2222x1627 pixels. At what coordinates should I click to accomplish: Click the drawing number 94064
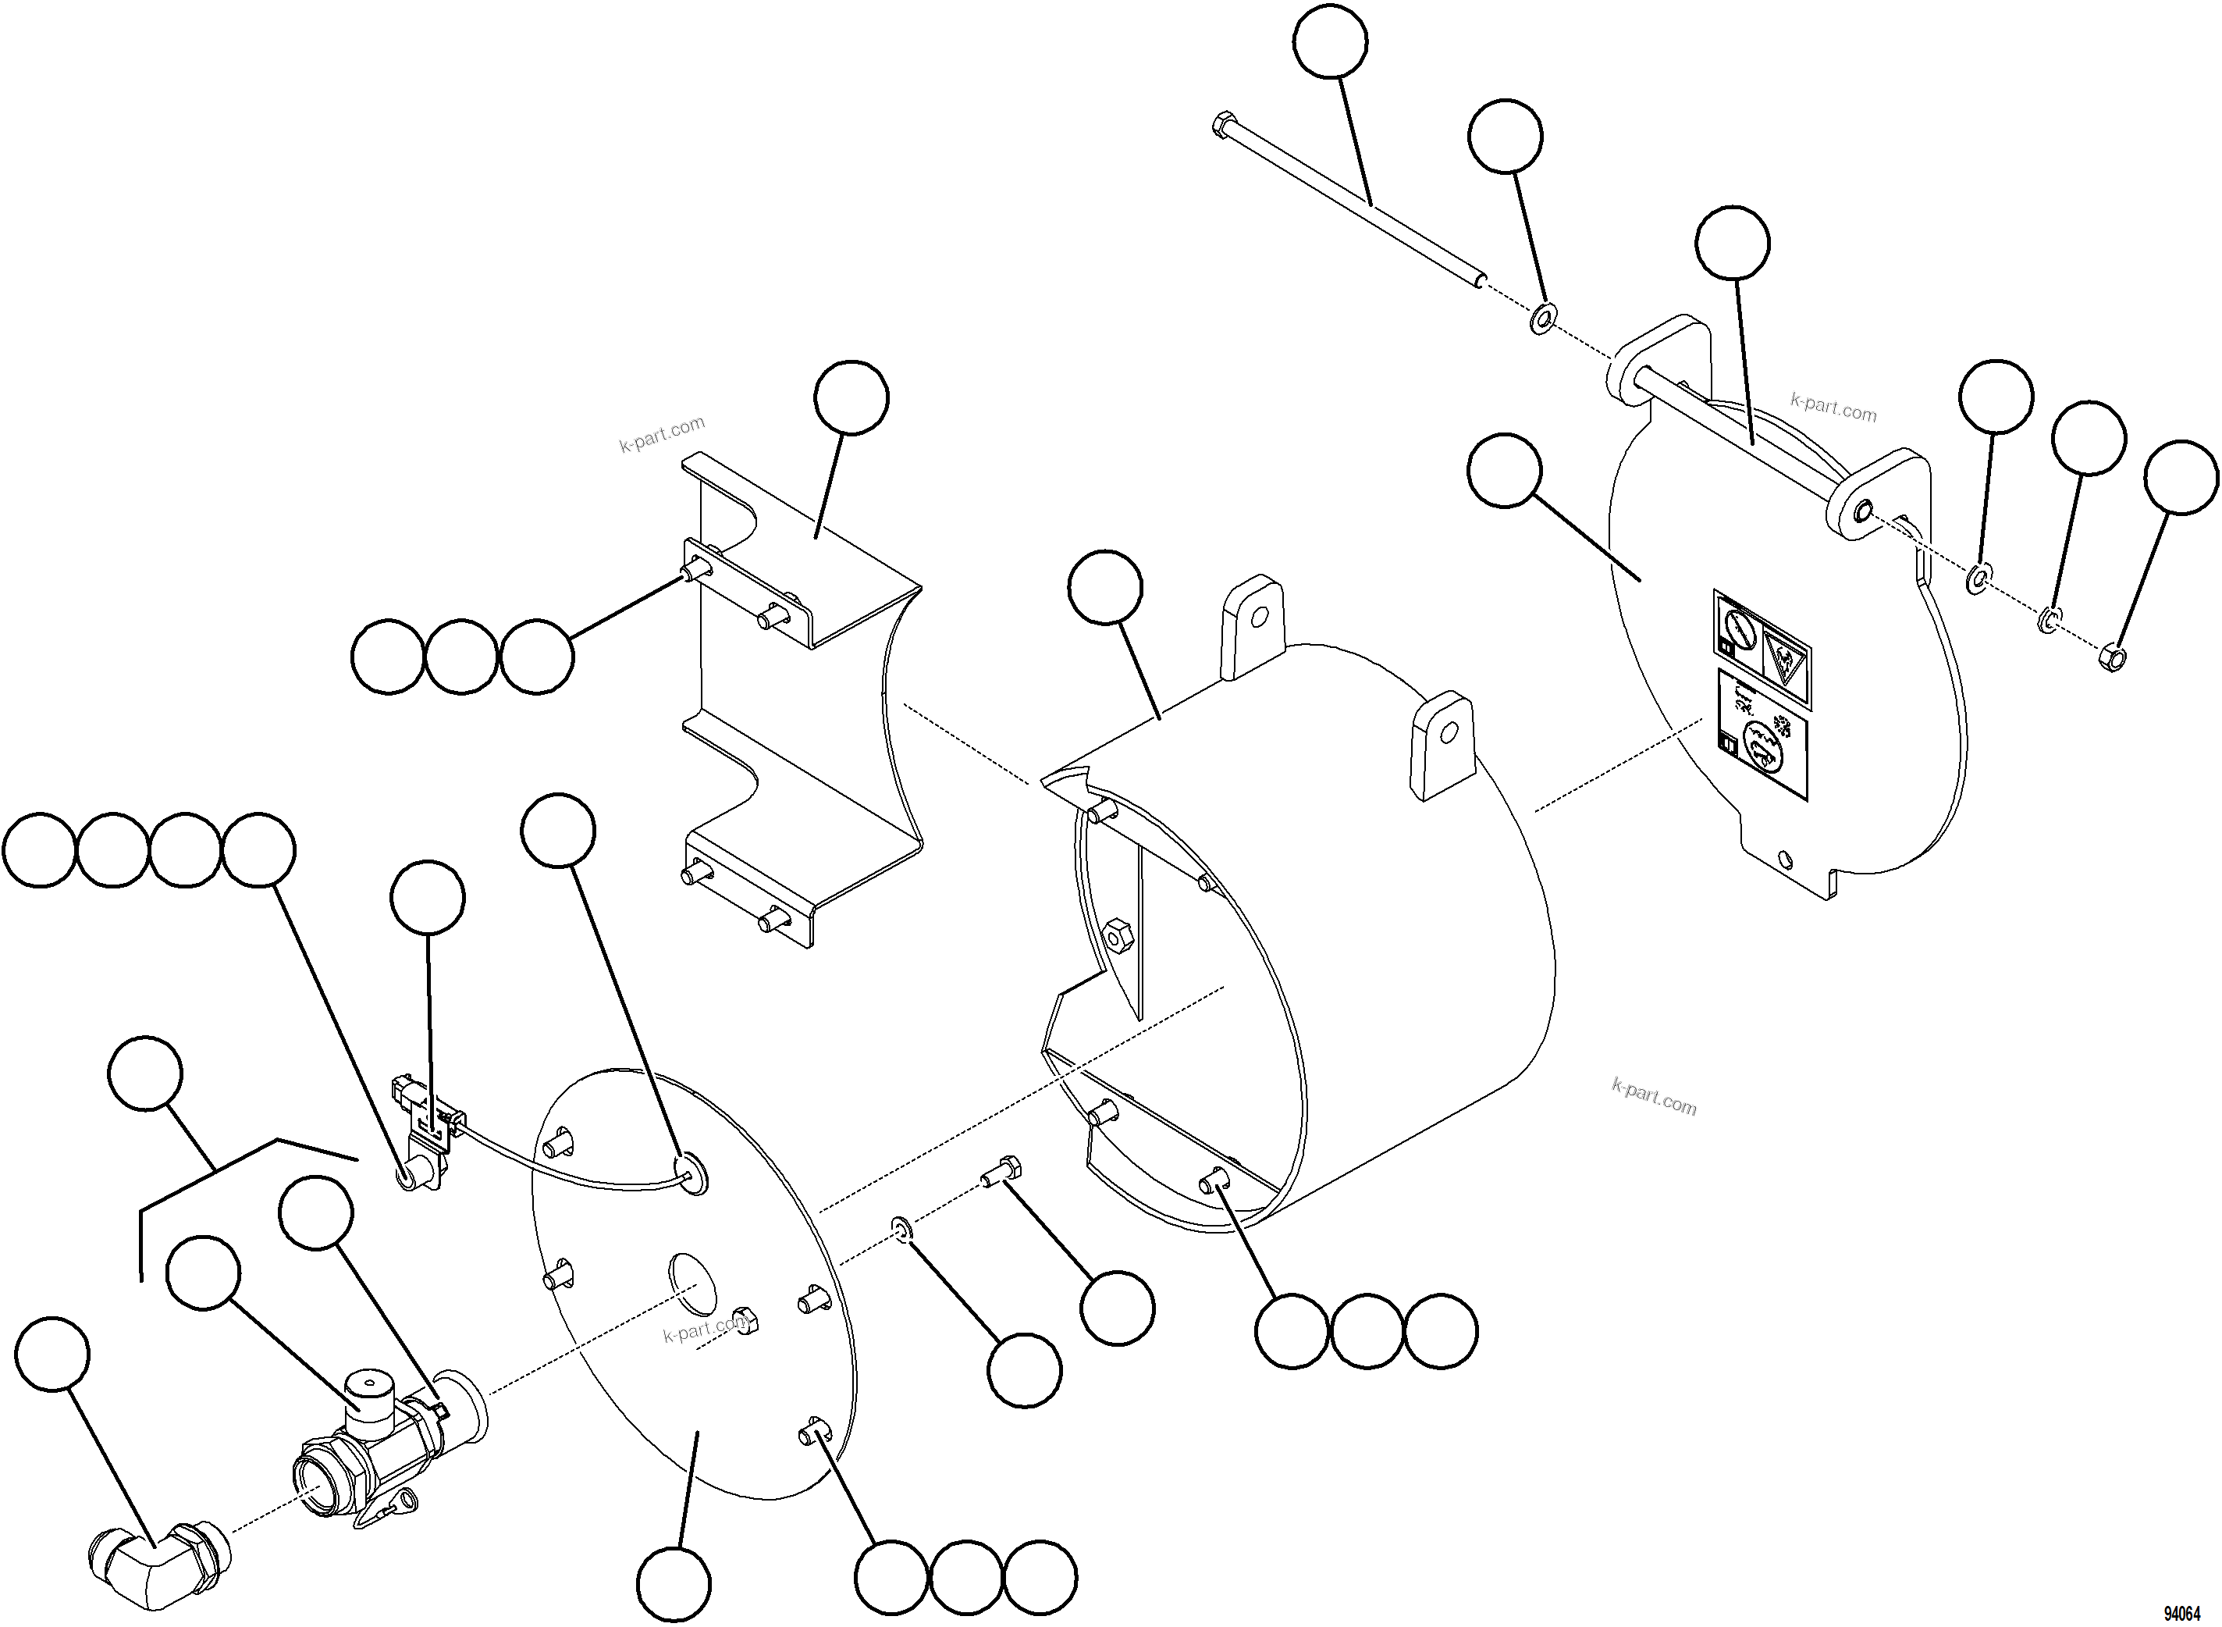(2181, 1613)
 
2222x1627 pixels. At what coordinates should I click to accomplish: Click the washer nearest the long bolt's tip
(1543, 319)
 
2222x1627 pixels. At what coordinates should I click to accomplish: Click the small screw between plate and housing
(1001, 1171)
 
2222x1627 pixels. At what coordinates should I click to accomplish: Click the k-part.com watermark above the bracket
(662, 433)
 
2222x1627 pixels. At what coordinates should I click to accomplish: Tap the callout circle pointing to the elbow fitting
(52, 1355)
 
